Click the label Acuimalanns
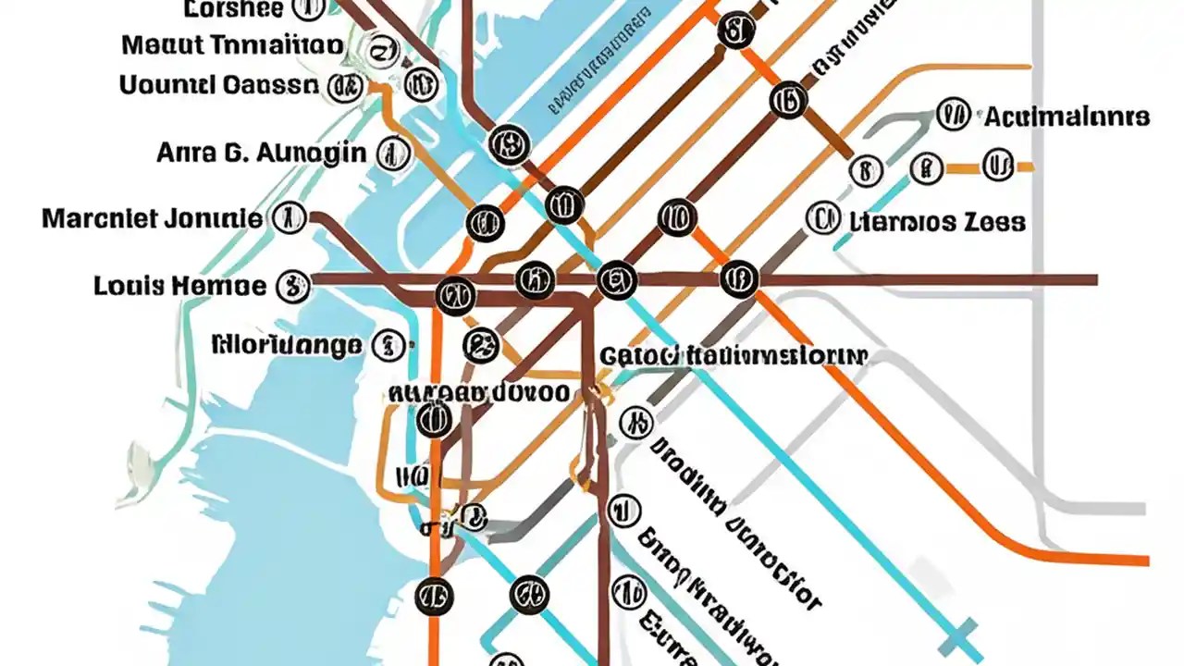[1067, 117]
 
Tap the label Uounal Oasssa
[217, 86]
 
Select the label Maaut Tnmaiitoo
[232, 44]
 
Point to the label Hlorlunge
[287, 346]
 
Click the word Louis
[128, 286]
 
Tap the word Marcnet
[98, 219]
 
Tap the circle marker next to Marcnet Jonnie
[288, 219]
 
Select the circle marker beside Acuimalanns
[953, 116]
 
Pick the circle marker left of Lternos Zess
[819, 220]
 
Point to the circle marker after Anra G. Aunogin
[392, 154]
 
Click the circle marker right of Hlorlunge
[388, 346]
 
